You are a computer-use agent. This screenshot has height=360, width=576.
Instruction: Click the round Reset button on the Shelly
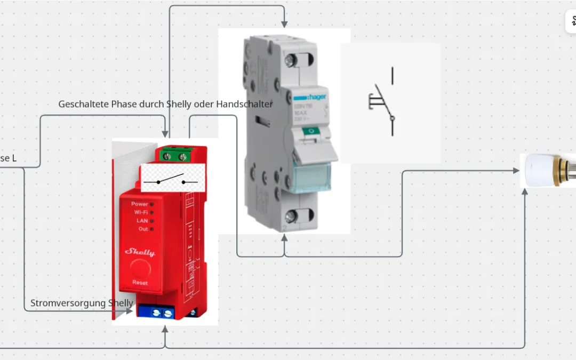140,267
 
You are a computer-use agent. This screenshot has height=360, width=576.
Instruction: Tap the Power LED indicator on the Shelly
151,204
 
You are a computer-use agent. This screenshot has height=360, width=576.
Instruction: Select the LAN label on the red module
142,220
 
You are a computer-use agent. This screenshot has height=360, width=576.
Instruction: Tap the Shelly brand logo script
140,252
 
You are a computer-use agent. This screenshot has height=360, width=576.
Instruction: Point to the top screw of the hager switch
291,60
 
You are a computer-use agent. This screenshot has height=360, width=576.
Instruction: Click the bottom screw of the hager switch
291,217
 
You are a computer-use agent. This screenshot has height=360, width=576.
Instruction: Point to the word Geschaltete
83,104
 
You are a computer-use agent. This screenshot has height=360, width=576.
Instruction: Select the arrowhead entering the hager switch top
284,24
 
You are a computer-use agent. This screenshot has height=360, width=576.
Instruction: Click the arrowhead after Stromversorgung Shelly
130,310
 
